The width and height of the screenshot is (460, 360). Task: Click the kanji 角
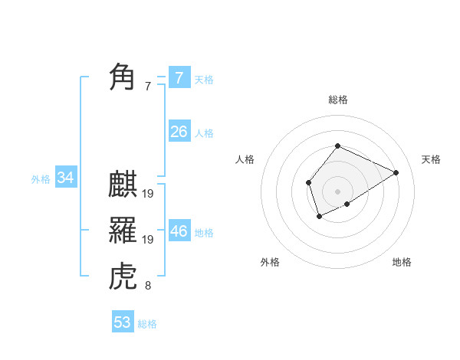point(123,77)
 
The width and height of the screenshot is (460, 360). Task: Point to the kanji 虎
point(123,276)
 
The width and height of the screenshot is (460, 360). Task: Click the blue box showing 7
point(179,77)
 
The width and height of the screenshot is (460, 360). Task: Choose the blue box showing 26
point(179,132)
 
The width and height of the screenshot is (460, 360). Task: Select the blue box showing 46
point(179,231)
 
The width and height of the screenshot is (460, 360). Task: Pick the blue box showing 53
point(123,322)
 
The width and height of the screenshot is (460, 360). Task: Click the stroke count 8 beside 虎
point(148,286)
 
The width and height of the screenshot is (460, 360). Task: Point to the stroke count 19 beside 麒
point(148,195)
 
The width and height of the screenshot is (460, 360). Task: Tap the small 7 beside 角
point(148,87)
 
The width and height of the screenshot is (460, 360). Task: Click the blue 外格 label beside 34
point(41,179)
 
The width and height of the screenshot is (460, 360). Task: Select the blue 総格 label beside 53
point(147,324)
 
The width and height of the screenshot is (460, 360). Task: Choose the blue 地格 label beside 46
point(204,233)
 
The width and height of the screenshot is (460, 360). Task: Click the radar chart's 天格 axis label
point(431,159)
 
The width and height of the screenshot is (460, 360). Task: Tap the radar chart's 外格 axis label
point(270,262)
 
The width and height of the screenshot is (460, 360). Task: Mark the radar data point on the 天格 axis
point(396,172)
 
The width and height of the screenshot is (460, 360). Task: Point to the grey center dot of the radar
point(337,191)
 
